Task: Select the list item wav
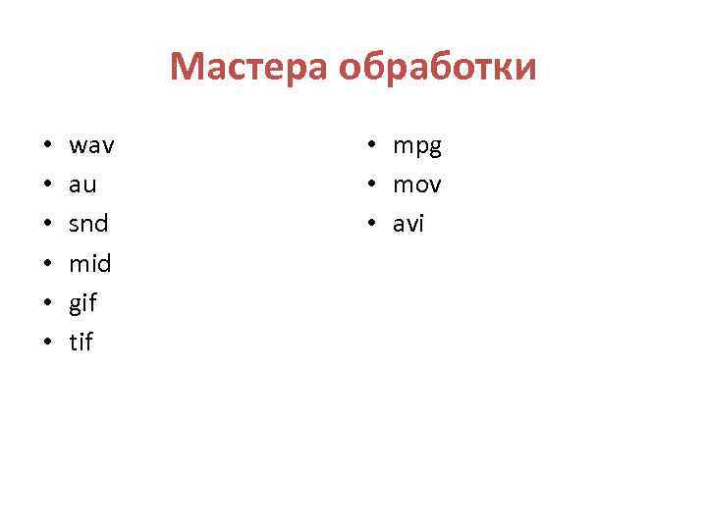click(x=92, y=146)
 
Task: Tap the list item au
click(x=83, y=185)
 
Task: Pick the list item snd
click(x=89, y=224)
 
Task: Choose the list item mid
click(x=90, y=263)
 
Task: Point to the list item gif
click(x=83, y=303)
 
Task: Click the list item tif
click(x=82, y=343)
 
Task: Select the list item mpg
click(x=418, y=147)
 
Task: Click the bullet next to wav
click(x=47, y=147)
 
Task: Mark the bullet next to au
click(x=47, y=186)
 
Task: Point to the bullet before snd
click(x=47, y=226)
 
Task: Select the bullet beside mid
click(x=47, y=265)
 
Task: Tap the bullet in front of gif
click(x=47, y=304)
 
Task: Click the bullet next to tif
click(x=47, y=344)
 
